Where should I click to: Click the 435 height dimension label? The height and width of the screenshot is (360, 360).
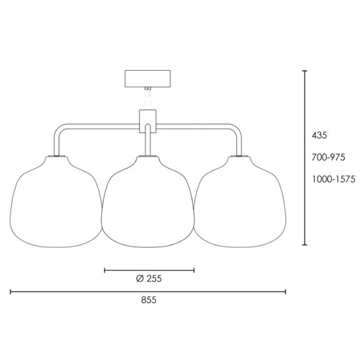pos(319,135)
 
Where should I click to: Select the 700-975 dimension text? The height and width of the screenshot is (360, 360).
pos(329,157)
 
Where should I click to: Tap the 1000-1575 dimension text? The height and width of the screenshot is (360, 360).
pos(333,179)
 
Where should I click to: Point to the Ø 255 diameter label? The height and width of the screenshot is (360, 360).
pos(149,278)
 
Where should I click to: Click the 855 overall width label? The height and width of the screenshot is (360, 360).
pos(149,300)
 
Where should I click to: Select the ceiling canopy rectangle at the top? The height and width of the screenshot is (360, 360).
pos(148,79)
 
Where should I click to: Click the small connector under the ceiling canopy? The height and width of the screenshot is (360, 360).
pos(148,88)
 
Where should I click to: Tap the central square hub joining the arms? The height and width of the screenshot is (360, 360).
pos(148,121)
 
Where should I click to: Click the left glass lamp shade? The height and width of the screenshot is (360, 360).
pos(56,202)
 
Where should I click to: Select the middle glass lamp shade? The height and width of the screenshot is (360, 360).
pos(148,202)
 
